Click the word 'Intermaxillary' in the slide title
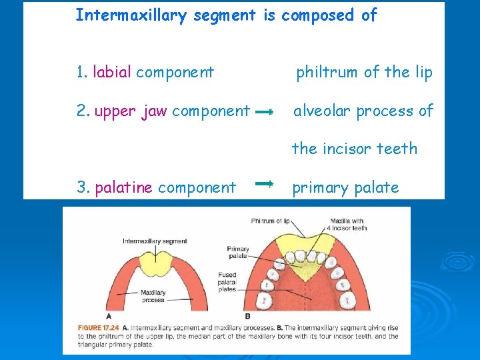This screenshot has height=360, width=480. point(132,15)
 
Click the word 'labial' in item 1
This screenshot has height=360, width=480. point(112,72)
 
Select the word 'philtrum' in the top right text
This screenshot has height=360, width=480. point(327,72)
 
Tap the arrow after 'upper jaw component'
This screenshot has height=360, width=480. point(265,113)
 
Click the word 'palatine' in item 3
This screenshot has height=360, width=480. point(124,188)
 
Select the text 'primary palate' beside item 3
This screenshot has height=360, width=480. point(345,188)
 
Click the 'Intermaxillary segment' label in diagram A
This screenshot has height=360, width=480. point(155,241)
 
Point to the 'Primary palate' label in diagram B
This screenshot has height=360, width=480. point(237,252)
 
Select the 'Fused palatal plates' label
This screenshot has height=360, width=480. point(227,282)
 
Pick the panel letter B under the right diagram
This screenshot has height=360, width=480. point(247,315)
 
